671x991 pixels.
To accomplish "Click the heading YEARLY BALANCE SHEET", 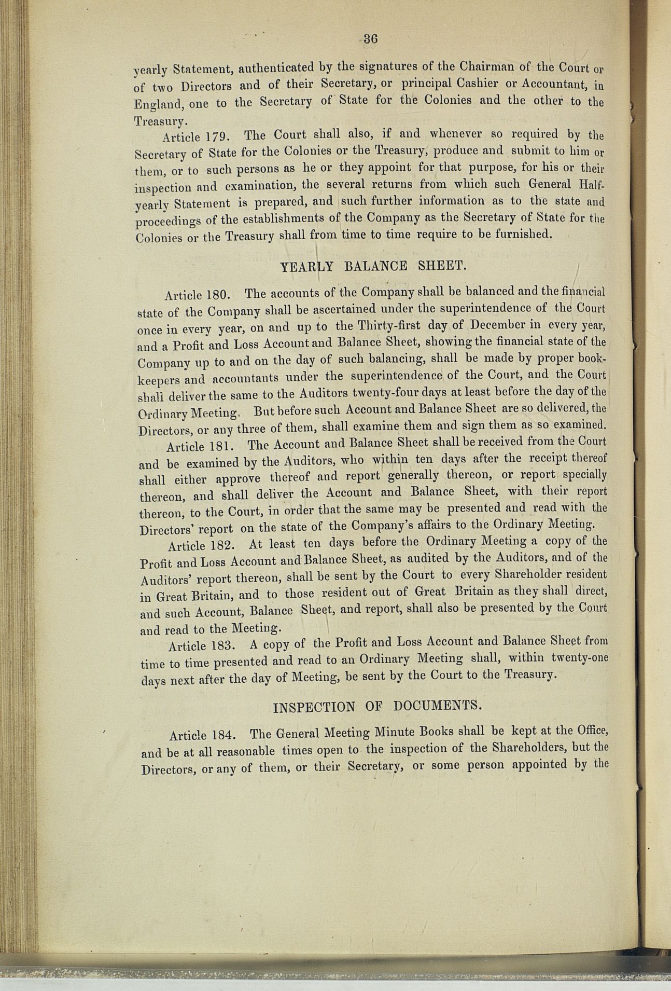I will pyautogui.click(x=373, y=267).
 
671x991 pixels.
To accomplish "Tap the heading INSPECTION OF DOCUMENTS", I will pyautogui.click(x=375, y=706).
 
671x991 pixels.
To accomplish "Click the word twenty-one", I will pyautogui.click(x=579, y=657).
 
